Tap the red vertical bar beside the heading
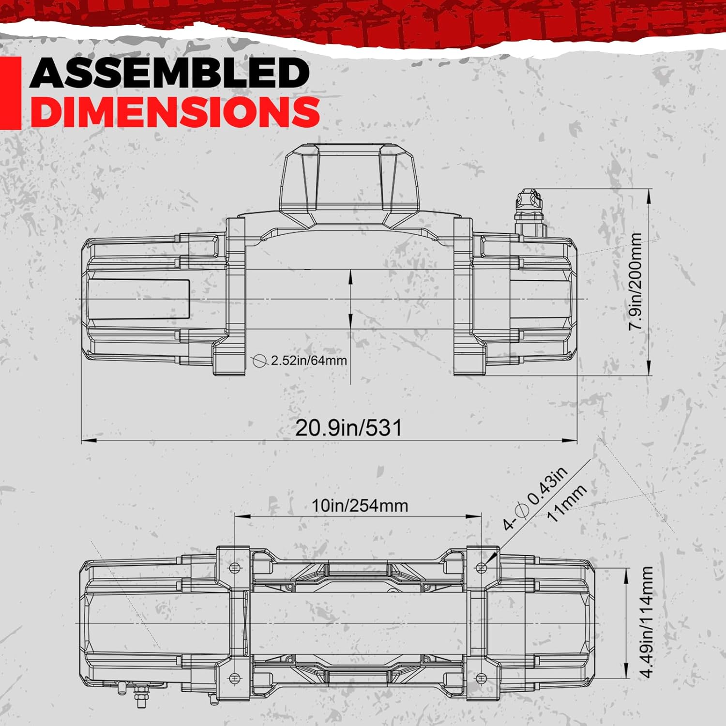pos(10,93)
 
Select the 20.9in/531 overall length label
pos(348,428)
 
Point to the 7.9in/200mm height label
pos(635,281)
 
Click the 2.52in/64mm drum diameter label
pos(309,361)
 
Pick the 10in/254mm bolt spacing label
pos(360,506)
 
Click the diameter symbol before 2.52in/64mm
pos(260,361)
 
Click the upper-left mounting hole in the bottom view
pos(235,568)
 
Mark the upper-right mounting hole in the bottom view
pos(482,567)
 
